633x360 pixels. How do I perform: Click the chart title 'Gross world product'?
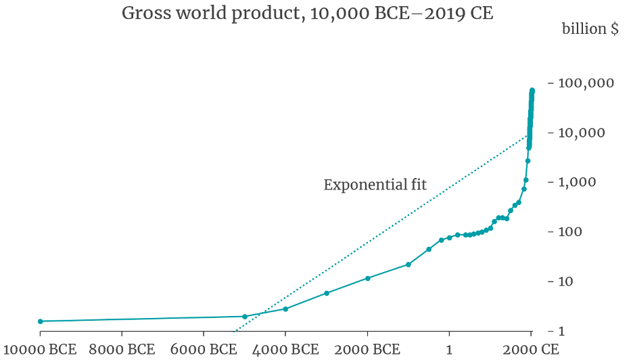pyautogui.click(x=307, y=14)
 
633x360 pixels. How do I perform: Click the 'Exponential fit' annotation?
pyautogui.click(x=375, y=185)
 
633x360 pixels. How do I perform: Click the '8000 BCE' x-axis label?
pyautogui.click(x=122, y=350)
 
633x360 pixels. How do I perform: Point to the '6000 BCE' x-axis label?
pyautogui.click(x=204, y=350)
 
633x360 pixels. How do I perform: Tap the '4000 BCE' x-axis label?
pyautogui.click(x=285, y=350)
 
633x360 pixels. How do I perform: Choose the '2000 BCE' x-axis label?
pyautogui.click(x=367, y=350)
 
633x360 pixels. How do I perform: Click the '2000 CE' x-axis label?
pyautogui.click(x=531, y=350)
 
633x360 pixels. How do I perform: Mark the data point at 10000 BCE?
pyautogui.click(x=41, y=321)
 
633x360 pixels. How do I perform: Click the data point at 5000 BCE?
pyautogui.click(x=245, y=316)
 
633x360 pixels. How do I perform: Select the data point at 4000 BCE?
pyautogui.click(x=285, y=309)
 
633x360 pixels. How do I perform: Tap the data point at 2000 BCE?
pyautogui.click(x=368, y=278)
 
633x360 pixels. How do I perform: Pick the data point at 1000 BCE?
pyautogui.click(x=408, y=264)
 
